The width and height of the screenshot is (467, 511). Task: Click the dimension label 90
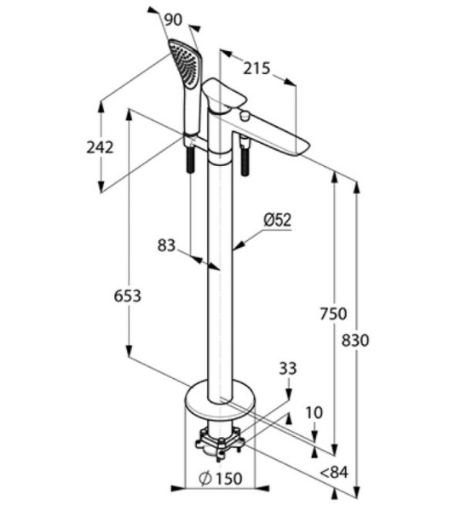(173, 20)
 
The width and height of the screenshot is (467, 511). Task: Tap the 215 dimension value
(257, 68)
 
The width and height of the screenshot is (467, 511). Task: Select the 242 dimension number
(100, 147)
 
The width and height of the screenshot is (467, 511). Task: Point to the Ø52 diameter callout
(278, 220)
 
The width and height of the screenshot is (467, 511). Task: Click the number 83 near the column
(166, 245)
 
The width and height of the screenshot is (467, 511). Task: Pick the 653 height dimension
(128, 296)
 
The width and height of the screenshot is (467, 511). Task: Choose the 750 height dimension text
(333, 313)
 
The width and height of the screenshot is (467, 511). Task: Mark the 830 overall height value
(355, 341)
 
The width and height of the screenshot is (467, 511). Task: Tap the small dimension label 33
(288, 369)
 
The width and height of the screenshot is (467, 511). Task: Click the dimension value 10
(314, 412)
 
